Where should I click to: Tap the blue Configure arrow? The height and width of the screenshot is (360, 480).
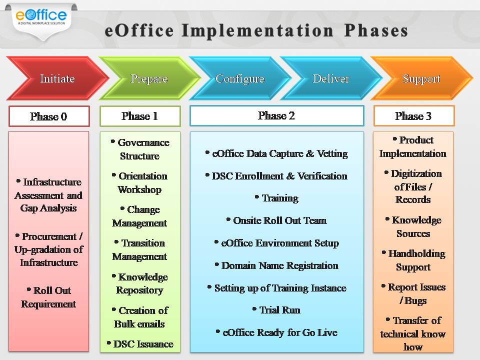(x=239, y=78)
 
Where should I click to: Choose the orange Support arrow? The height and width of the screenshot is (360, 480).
(x=421, y=78)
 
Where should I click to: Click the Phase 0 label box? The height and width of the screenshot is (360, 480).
(x=49, y=116)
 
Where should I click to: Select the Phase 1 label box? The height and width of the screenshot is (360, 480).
(x=140, y=116)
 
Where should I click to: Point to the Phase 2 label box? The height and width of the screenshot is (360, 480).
(x=276, y=115)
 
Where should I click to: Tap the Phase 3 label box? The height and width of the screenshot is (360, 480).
(x=413, y=116)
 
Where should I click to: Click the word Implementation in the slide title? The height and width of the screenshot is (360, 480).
(x=257, y=30)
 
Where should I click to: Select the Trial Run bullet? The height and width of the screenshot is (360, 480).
(x=276, y=310)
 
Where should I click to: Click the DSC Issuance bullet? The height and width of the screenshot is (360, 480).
(x=140, y=343)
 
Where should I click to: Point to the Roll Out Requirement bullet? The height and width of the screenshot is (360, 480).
(x=48, y=297)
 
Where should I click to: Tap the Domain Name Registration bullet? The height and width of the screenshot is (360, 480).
(x=276, y=265)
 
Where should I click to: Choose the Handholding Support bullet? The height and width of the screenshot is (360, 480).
(x=413, y=260)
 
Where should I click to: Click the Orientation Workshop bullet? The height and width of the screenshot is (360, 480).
(x=140, y=182)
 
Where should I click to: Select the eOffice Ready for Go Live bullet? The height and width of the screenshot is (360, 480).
(x=276, y=332)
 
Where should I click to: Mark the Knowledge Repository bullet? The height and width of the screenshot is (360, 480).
(x=140, y=283)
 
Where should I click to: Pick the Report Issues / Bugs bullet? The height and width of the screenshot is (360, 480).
(x=413, y=293)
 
